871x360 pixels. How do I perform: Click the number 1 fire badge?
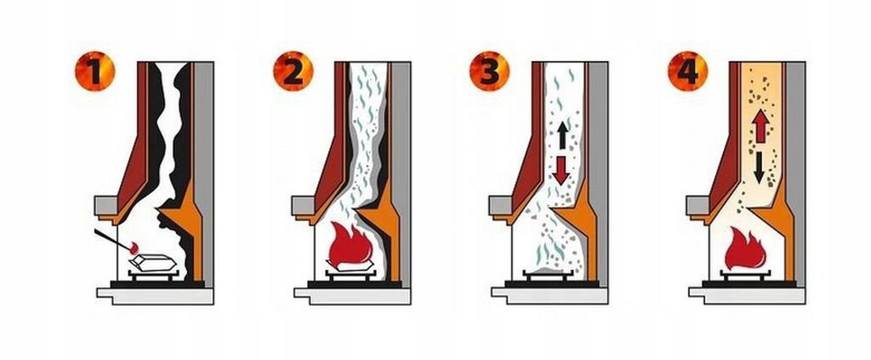pyautogui.click(x=95, y=71)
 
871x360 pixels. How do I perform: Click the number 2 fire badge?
pyautogui.click(x=293, y=71)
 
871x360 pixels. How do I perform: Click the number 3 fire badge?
pyautogui.click(x=489, y=71)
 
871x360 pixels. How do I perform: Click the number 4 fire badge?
pyautogui.click(x=687, y=71)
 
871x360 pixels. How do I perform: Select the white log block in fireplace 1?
pyautogui.click(x=153, y=262)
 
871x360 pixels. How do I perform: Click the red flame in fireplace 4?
pyautogui.click(x=745, y=248)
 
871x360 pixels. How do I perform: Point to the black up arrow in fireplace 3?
pyautogui.click(x=562, y=135)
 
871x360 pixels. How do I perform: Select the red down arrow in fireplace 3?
pyautogui.click(x=561, y=170)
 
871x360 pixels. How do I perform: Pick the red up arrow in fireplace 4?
pyautogui.click(x=760, y=127)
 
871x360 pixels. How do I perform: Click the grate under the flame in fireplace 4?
pyautogui.click(x=745, y=274)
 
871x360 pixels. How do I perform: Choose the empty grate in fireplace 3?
pyautogui.click(x=548, y=274)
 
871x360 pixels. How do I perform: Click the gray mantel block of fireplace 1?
pyautogui.click(x=105, y=205)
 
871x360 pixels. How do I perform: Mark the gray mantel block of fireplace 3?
pyautogui.click(x=500, y=205)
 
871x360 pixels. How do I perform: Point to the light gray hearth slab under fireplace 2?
pyautogui.click(x=352, y=295)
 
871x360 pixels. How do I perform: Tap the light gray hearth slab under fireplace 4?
pyautogui.click(x=747, y=295)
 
